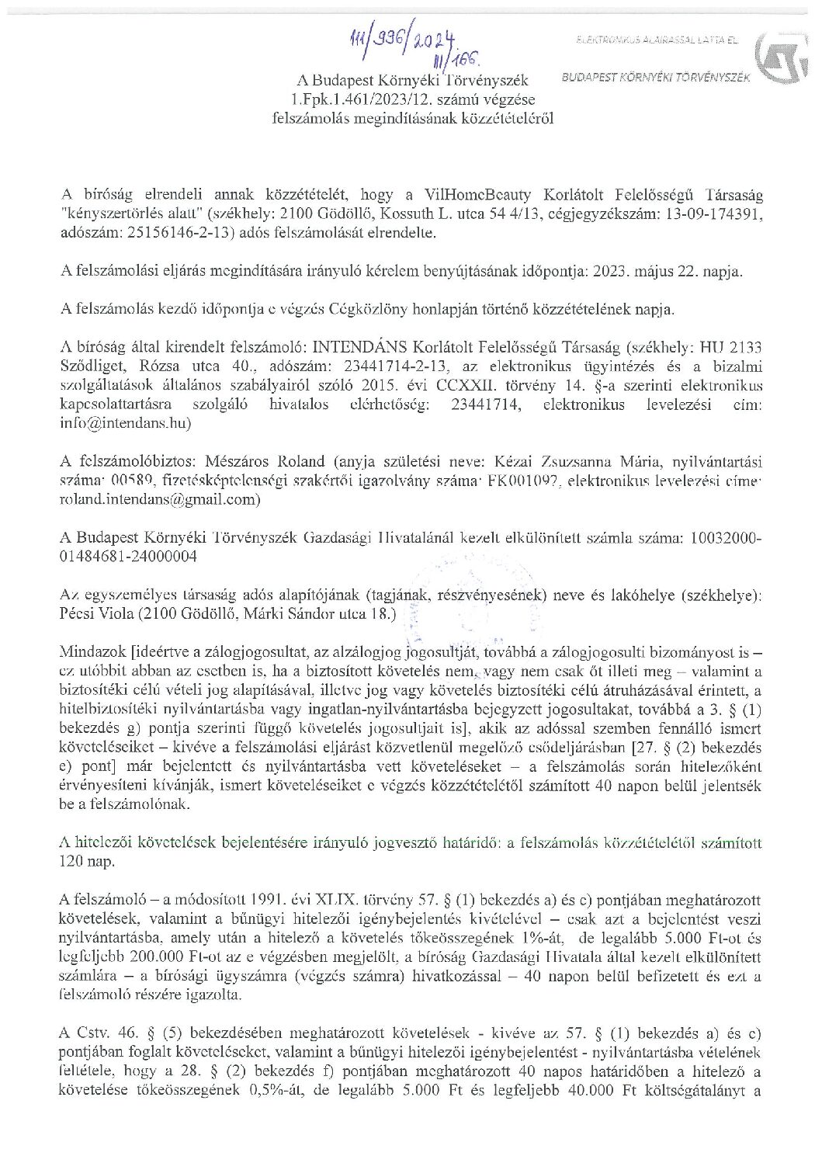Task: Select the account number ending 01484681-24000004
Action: tap(128, 557)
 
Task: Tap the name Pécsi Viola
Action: tap(95, 615)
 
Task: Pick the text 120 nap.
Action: tap(86, 862)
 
